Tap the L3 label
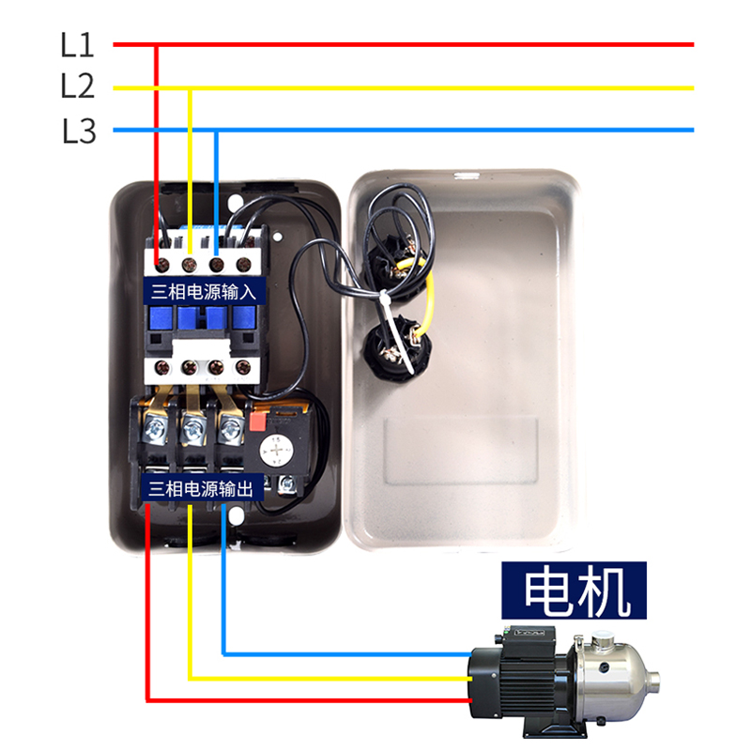point(79,130)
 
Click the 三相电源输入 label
point(204,291)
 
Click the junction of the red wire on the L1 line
point(156,44)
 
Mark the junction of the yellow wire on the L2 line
point(191,88)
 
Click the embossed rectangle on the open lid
point(461,451)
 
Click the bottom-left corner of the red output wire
point(147,699)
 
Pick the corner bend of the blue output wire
point(224,652)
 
